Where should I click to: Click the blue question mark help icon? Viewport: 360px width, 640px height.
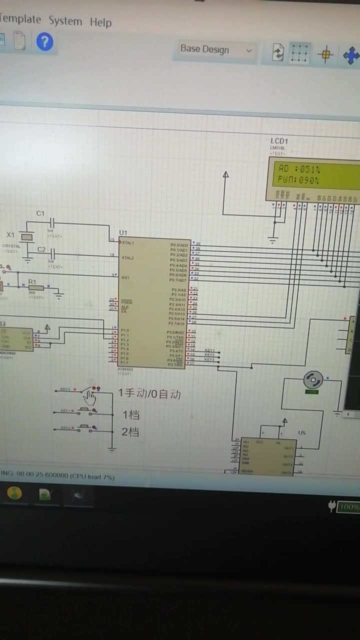coord(44,41)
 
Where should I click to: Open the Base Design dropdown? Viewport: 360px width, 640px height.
coord(215,49)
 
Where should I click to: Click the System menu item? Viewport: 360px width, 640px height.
coord(65,21)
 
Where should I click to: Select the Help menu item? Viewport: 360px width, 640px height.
coord(100,22)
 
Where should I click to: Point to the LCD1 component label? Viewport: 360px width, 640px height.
coord(279,141)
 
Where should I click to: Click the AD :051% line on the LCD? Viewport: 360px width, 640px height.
coord(299,169)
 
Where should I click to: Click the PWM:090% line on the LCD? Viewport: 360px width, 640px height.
coord(298,180)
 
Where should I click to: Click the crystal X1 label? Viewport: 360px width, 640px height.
coord(10,234)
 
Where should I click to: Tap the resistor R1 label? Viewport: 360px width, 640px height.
coord(32,282)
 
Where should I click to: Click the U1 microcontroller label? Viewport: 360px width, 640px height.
coord(123,232)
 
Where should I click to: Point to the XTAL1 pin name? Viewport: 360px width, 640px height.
coord(128,242)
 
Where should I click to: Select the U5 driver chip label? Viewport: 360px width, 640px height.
coord(301,432)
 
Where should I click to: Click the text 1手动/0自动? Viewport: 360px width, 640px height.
coord(149,394)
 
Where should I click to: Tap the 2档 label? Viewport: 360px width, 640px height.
coord(130,431)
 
